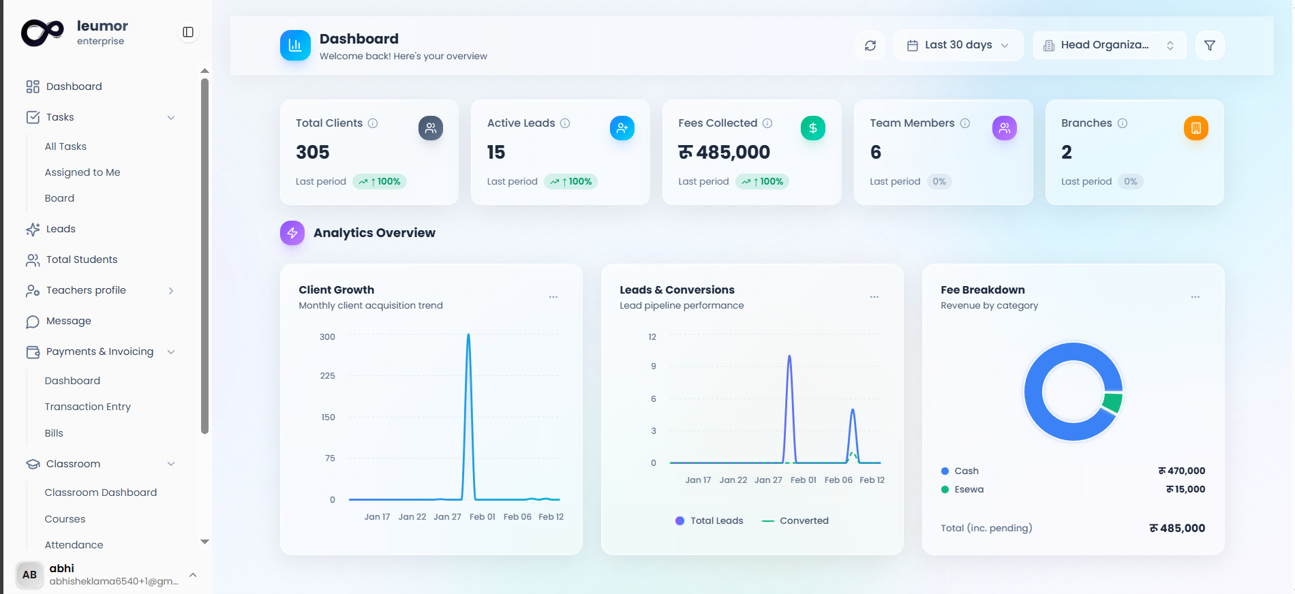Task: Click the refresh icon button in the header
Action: [870, 46]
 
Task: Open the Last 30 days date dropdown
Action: [958, 46]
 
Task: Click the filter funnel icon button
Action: [1210, 46]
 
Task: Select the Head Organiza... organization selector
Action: [1109, 46]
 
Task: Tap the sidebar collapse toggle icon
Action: [188, 32]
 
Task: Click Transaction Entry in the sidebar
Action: [88, 407]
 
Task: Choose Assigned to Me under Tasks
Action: [82, 172]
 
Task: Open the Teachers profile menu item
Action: [86, 290]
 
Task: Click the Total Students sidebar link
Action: [82, 260]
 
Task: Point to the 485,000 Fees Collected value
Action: [725, 152]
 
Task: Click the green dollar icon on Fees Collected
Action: [812, 128]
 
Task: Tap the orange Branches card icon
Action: [1195, 128]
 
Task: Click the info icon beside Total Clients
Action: [373, 123]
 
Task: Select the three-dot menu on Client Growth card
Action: [553, 297]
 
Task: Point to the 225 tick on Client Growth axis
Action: [328, 376]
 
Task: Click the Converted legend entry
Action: [796, 520]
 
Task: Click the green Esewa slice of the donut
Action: [1112, 402]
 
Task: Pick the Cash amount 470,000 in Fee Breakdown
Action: [1182, 471]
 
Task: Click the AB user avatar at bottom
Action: [29, 574]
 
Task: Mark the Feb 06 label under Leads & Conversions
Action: [838, 480]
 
